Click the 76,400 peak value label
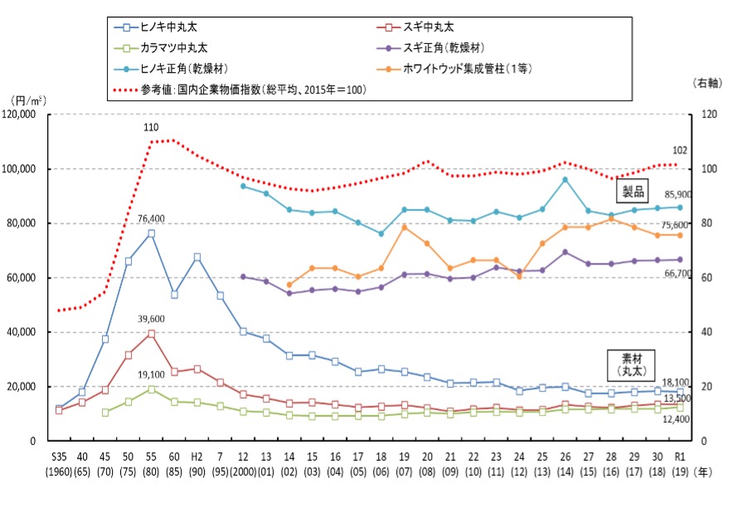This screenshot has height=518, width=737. click(150, 219)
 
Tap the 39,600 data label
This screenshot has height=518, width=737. click(150, 319)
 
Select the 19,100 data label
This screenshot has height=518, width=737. click(150, 374)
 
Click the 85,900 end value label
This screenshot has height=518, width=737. click(702, 195)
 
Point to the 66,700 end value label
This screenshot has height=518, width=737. click(702, 273)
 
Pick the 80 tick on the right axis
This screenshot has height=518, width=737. click(706, 224)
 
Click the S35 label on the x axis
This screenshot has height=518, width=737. click(59, 458)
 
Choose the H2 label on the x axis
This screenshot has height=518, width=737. click(196, 458)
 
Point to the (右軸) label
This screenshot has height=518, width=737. click(707, 83)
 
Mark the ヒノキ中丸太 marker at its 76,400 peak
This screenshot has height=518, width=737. click(151, 234)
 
